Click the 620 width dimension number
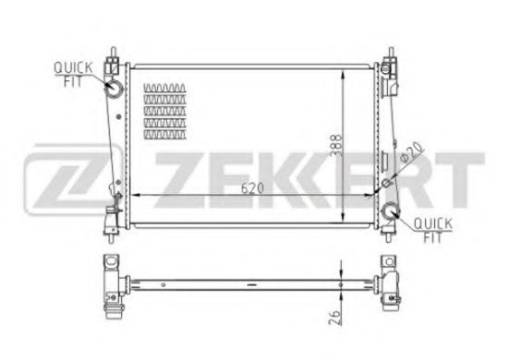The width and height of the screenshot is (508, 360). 252,187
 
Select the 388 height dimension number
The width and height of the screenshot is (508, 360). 336,145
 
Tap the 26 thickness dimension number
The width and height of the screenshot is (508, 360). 334,318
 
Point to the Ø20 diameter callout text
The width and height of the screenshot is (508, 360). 411,152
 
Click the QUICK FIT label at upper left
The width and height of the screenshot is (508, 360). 73,75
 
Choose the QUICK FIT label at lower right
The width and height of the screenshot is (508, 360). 433,231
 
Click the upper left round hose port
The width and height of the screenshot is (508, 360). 114,88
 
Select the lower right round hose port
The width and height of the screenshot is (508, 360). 391,211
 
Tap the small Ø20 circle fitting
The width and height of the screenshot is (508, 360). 386,183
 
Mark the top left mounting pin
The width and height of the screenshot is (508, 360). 113,52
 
